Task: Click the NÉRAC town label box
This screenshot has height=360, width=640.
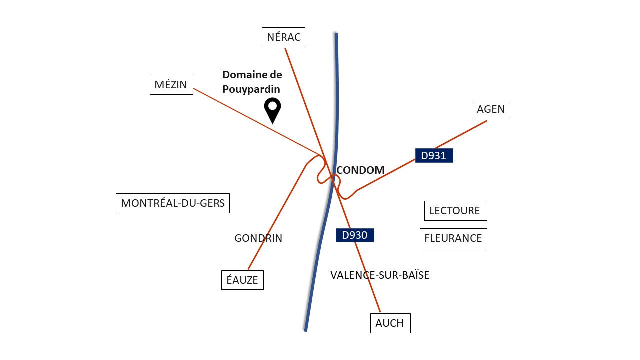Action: pos(283,37)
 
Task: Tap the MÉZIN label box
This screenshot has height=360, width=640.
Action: pos(171,85)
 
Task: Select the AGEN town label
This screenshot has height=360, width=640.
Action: pos(491,109)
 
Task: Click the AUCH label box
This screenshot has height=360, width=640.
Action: pos(390,323)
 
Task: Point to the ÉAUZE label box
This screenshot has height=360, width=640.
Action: pos(242,280)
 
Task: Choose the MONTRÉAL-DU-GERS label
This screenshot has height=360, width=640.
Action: pos(173,203)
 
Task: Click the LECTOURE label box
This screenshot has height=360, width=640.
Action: pos(455,211)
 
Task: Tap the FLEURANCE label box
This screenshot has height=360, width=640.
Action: pos(453,238)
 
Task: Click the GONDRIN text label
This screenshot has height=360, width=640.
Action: pos(258,238)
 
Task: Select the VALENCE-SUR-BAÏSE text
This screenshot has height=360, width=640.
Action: pos(380,275)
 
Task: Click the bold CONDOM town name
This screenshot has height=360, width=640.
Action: pos(360,170)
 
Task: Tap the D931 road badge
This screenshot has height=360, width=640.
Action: pos(434,155)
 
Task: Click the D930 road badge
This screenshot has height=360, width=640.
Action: pos(355,235)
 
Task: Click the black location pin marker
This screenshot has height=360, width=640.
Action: pos(273,111)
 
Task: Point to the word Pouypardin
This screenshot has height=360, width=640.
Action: pos(251,89)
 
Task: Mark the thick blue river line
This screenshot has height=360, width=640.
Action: pos(332,183)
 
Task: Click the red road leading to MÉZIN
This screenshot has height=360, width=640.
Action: pos(256,122)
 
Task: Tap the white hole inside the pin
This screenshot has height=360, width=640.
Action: pos(273,106)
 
